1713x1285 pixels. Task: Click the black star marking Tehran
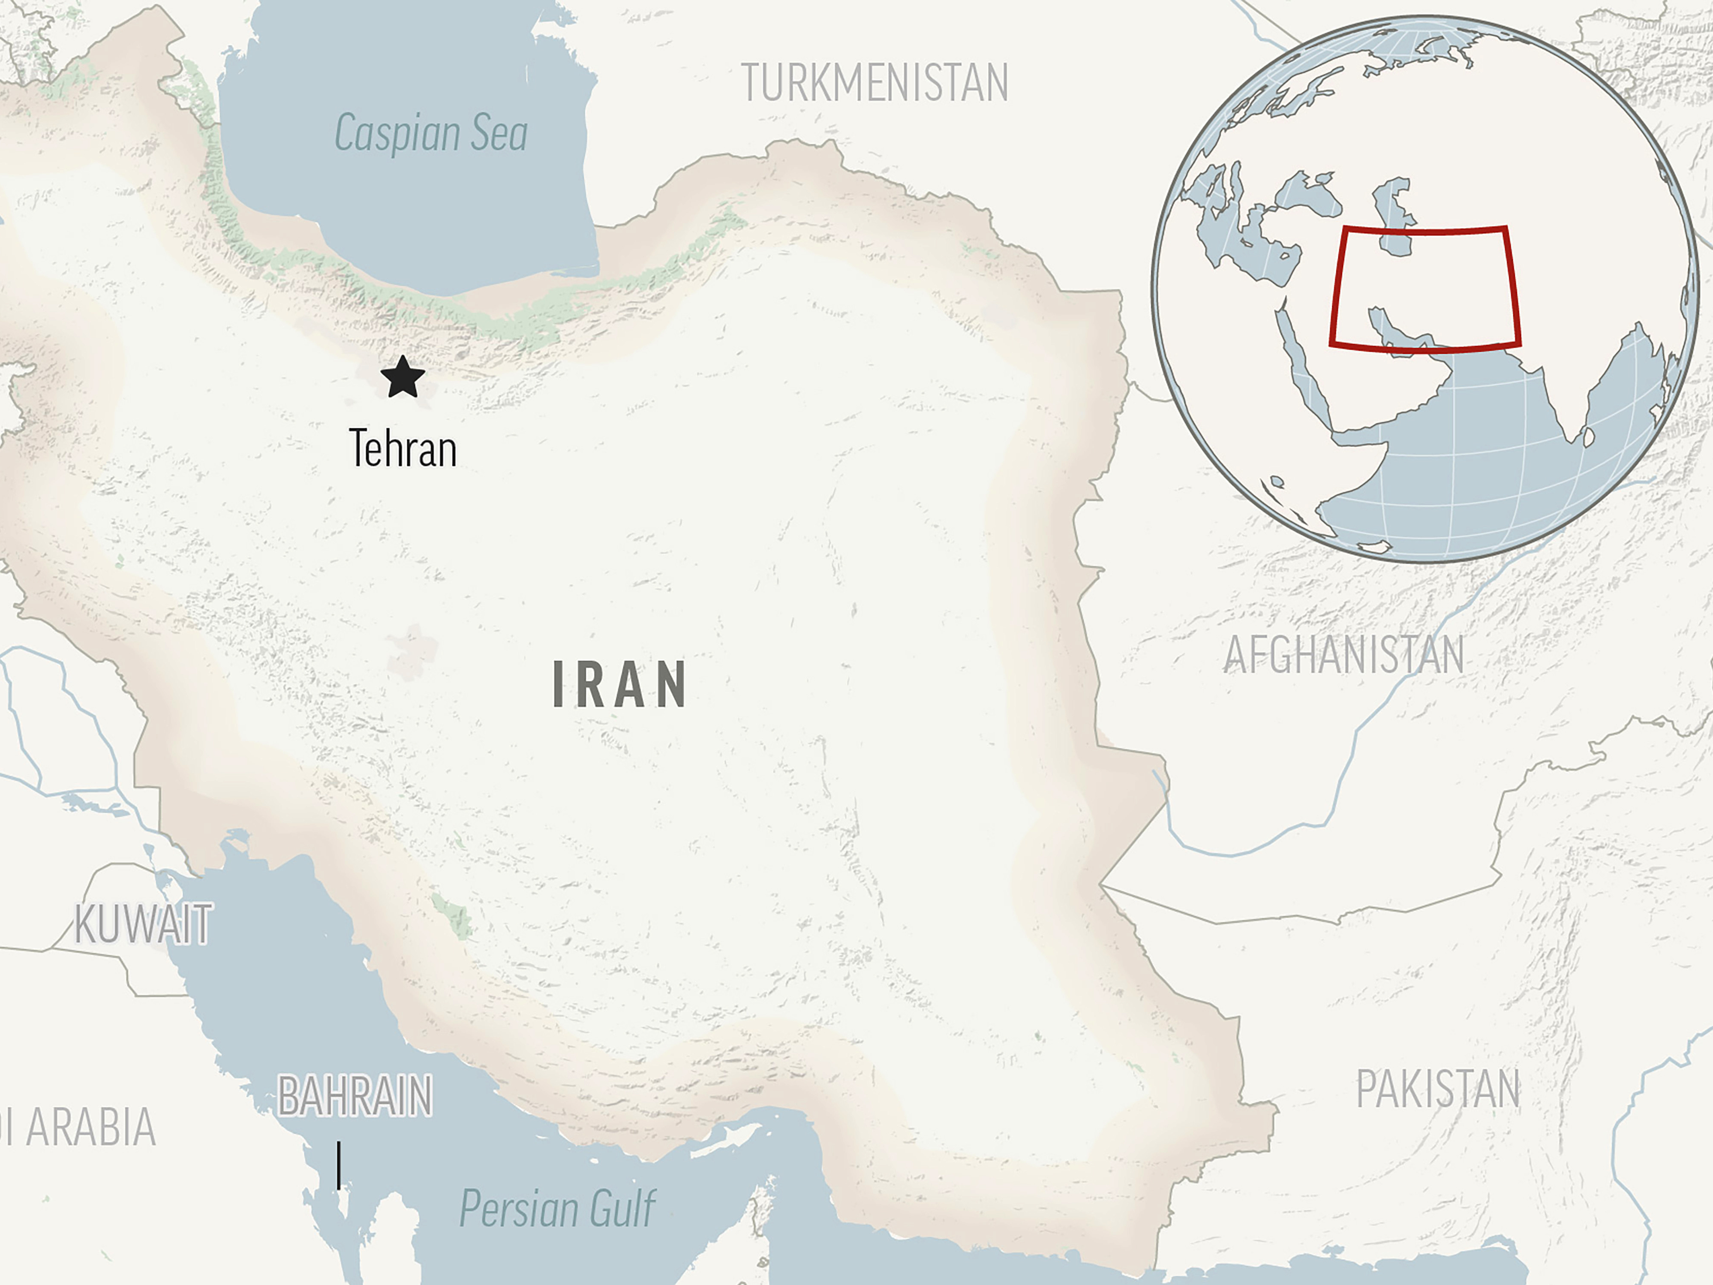pyautogui.click(x=403, y=377)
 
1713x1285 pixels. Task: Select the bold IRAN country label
pyautogui.click(x=619, y=685)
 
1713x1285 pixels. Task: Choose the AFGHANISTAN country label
pyautogui.click(x=1343, y=655)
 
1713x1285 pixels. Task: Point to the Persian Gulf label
pyautogui.click(x=558, y=1208)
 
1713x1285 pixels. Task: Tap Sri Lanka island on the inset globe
pyautogui.click(x=1588, y=438)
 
